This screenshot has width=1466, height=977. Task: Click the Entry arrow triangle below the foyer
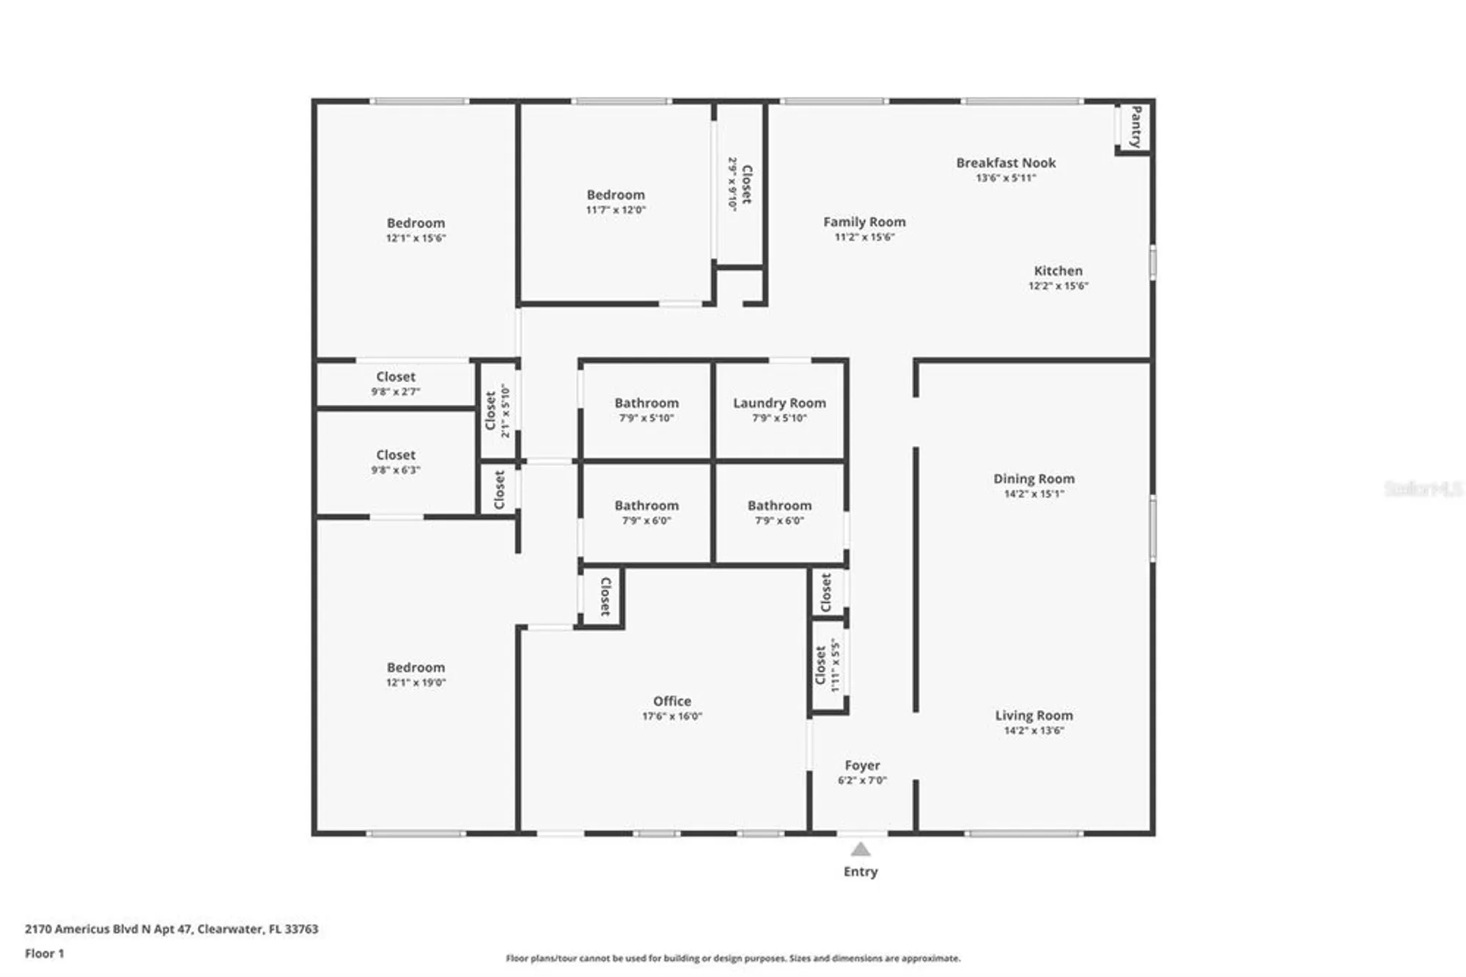click(860, 849)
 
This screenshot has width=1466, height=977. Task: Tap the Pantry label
click(1135, 126)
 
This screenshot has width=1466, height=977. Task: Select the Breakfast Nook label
click(1006, 163)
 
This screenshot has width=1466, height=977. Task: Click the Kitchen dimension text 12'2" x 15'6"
click(1058, 286)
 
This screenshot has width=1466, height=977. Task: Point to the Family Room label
click(864, 222)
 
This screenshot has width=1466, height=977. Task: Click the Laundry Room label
click(779, 403)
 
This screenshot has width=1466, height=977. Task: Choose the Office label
click(671, 701)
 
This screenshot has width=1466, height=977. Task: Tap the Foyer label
click(862, 765)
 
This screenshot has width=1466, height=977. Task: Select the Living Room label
click(1034, 715)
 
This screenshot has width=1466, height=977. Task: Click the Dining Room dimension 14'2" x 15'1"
click(1034, 494)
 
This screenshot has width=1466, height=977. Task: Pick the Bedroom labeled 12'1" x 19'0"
click(416, 667)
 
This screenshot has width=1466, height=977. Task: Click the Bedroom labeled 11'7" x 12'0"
click(616, 195)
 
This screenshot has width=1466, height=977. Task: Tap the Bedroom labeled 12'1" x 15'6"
click(416, 223)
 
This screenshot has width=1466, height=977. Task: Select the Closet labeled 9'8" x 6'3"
click(396, 455)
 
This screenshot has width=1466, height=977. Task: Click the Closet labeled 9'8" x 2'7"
click(396, 376)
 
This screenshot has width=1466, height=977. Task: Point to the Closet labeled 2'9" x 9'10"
click(746, 184)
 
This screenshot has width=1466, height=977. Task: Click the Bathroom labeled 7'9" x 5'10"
click(647, 403)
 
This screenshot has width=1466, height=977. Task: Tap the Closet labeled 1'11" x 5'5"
click(821, 665)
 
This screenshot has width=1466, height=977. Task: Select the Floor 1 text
click(45, 954)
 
